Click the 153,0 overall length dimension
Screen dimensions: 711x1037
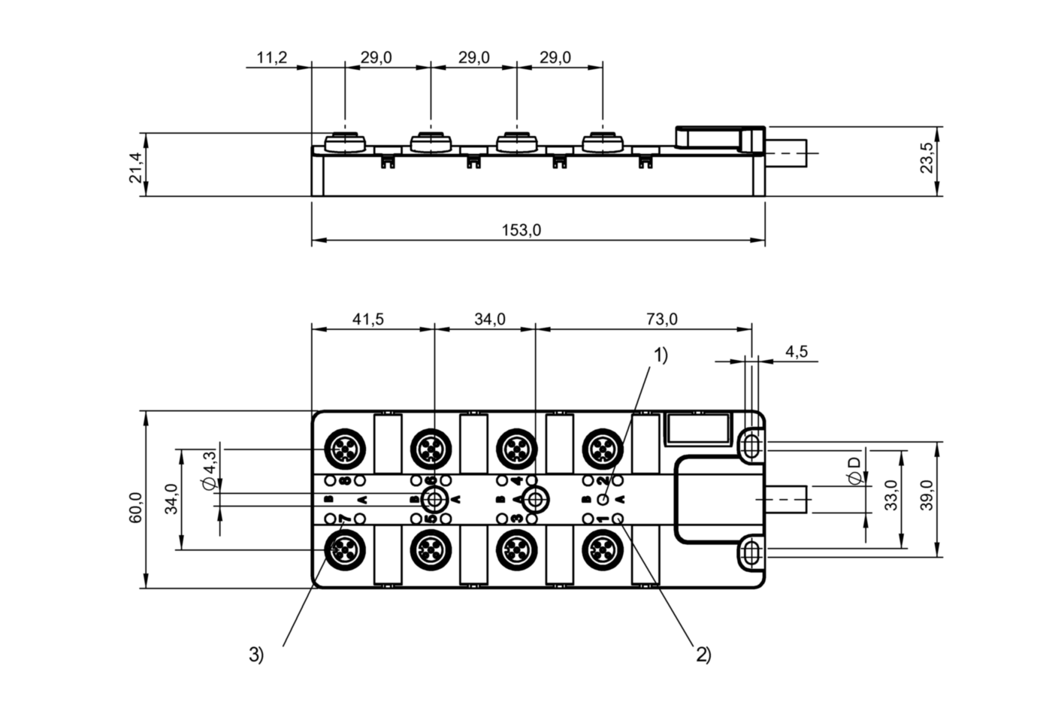[521, 231]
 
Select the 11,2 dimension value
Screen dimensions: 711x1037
[271, 58]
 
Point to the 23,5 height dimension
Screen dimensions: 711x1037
[927, 158]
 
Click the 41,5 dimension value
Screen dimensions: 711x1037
[367, 319]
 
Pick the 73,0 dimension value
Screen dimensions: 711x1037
[661, 319]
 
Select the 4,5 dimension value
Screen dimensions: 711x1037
[796, 351]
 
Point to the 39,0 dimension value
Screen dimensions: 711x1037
[927, 495]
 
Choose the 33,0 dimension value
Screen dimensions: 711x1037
[890, 495]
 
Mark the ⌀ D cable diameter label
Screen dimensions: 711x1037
[853, 471]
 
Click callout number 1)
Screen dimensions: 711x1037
[660, 355]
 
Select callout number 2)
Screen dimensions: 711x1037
[703, 655]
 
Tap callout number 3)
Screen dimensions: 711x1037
[256, 655]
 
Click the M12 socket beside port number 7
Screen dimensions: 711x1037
[344, 549]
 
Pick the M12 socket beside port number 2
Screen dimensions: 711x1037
[603, 449]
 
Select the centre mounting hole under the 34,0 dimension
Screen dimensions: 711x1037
[535, 498]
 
